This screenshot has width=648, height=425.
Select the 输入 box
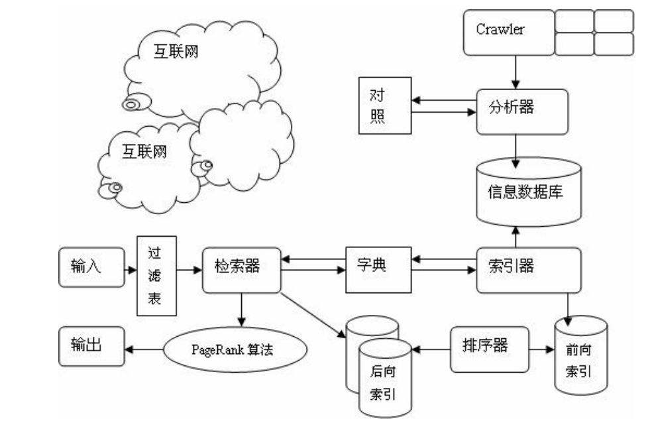[x=91, y=268]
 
